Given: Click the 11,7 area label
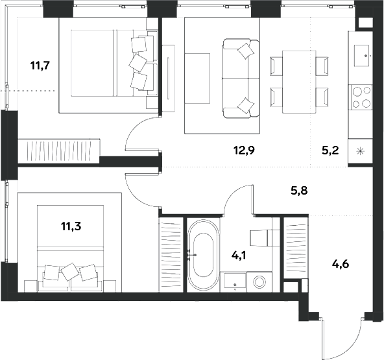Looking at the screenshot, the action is [x=40, y=66].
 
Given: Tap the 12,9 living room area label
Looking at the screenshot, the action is [x=244, y=150].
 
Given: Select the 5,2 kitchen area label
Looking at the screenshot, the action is [x=330, y=150].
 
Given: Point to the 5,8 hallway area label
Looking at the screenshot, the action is [x=299, y=190].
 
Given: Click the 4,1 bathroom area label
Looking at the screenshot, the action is [x=239, y=256].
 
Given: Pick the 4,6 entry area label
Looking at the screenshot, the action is [x=341, y=264].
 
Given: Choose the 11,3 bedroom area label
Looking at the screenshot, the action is [x=71, y=226].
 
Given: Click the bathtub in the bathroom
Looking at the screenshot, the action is [x=203, y=255].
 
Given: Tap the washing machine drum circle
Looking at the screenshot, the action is [x=259, y=282].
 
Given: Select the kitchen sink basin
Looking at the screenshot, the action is [x=361, y=56].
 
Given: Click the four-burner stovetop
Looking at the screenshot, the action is [x=362, y=97].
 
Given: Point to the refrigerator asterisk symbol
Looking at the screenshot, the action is [x=360, y=151].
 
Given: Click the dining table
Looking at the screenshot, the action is [x=299, y=82].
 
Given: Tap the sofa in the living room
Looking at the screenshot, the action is [x=241, y=78].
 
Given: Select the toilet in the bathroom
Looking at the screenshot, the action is [x=265, y=237].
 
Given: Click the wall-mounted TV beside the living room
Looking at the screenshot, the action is [x=168, y=78].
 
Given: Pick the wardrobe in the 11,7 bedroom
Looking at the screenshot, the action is [x=59, y=151].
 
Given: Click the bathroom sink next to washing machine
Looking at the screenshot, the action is [x=235, y=282].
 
